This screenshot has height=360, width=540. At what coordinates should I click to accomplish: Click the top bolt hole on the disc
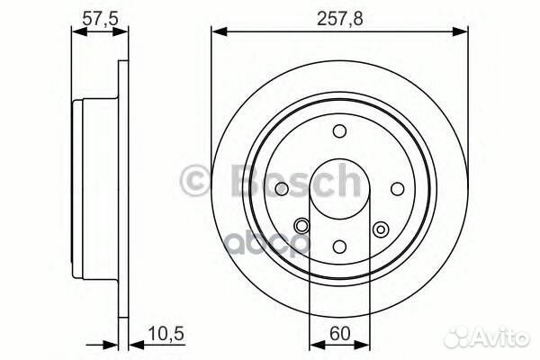[x=339, y=131]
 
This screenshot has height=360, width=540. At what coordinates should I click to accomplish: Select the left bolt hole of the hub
[x=282, y=188]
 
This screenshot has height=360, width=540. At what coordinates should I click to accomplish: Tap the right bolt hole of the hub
[x=396, y=188]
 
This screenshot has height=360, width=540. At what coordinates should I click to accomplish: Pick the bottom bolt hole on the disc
[x=339, y=245]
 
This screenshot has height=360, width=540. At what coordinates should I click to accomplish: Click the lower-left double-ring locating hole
[x=301, y=226]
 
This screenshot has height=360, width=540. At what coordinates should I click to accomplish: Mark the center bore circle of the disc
[x=339, y=188]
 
